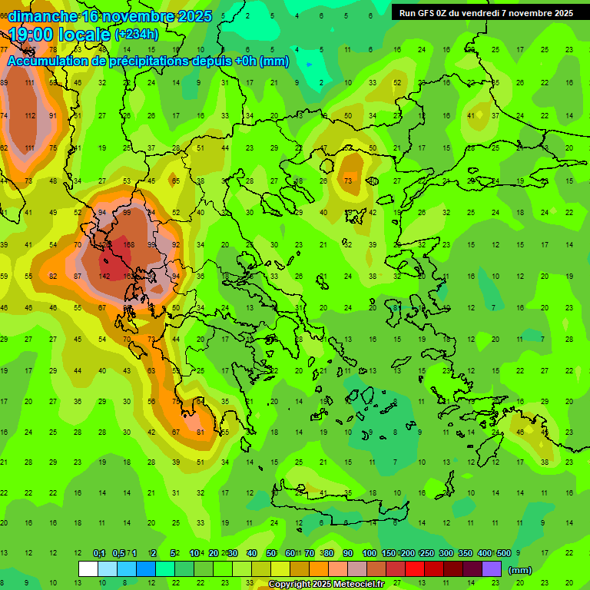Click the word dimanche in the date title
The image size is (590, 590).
pos(42,17)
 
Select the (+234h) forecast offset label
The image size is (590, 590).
pos(137,34)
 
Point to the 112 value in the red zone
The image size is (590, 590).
pos(29,115)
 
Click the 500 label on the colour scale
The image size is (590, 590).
pos(504,554)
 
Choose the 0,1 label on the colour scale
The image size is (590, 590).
pos(99,554)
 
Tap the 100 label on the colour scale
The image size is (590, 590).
pos(370,554)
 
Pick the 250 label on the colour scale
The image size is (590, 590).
pos(427,554)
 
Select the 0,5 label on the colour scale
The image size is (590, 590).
pos(118,554)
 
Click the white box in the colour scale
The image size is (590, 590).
pos(88,568)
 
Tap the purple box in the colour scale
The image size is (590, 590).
pos(492,568)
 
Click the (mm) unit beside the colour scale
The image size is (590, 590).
pos(520,570)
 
